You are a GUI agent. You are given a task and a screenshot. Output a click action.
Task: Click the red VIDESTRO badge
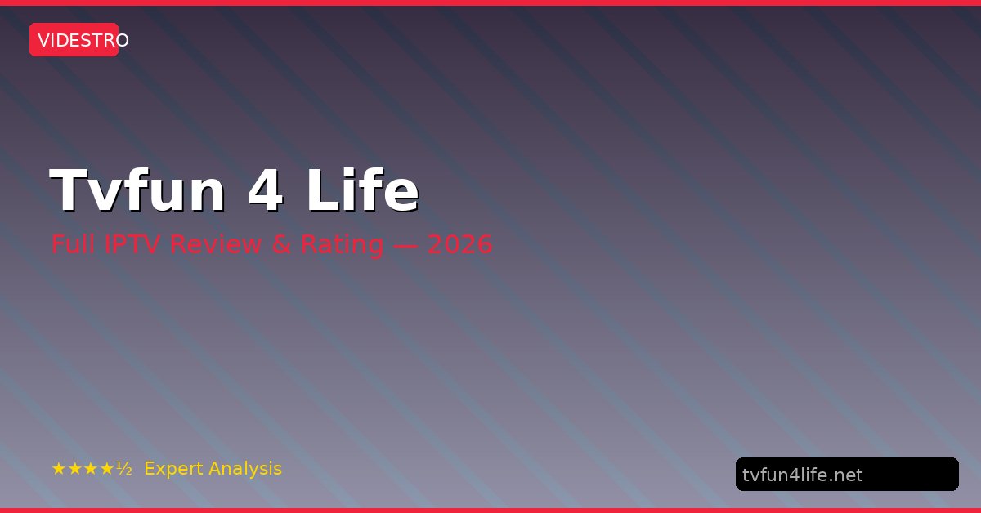[x=74, y=40]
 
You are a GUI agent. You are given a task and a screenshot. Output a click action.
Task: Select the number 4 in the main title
[x=266, y=190]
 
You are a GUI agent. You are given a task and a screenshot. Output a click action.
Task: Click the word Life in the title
[x=363, y=190]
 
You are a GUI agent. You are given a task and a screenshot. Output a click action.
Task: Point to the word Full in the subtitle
[x=73, y=243]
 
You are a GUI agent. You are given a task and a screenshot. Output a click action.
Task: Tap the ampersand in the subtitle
[x=281, y=244]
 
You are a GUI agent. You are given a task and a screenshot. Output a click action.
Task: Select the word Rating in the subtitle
[x=342, y=245]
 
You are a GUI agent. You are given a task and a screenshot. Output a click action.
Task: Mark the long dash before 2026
[x=405, y=245]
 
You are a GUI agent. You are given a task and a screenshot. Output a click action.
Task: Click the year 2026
[x=459, y=244]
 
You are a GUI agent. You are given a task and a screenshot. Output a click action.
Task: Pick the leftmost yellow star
[x=59, y=469]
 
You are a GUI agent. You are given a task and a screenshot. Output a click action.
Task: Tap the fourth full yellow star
[x=107, y=469]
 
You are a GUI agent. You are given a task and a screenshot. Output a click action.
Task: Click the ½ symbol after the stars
[x=124, y=468]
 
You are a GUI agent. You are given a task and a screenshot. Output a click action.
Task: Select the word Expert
[x=173, y=469]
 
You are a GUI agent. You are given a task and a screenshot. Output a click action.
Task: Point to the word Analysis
[x=245, y=469]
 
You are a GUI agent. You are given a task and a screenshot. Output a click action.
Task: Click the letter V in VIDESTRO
[x=43, y=40]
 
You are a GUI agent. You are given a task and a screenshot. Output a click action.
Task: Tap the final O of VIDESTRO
[x=122, y=40]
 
